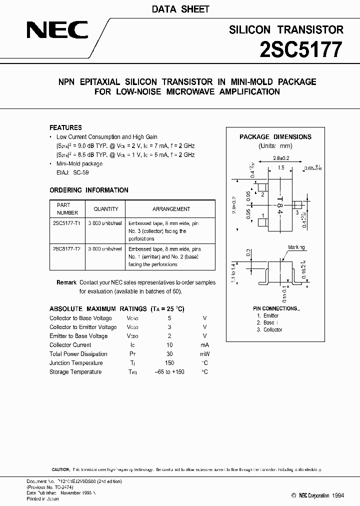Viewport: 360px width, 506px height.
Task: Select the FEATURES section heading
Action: tap(65, 127)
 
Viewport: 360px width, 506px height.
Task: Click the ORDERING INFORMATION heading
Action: tap(89, 190)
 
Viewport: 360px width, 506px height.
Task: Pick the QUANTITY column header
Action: tap(106, 209)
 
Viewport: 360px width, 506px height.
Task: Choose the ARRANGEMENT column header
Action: tap(171, 209)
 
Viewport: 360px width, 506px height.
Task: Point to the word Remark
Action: tap(66, 282)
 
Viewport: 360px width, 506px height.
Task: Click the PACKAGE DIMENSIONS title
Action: tap(275, 136)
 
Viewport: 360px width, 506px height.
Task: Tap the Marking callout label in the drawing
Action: tap(296, 247)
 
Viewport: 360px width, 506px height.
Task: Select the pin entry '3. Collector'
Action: tap(269, 330)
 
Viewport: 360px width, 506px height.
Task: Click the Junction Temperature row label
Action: tap(76, 363)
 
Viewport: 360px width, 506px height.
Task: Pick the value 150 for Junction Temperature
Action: tap(169, 363)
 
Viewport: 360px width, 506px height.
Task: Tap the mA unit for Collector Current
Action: tap(204, 345)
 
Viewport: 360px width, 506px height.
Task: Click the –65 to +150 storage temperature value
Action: tap(169, 372)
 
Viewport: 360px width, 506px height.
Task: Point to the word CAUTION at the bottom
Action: tap(60, 470)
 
